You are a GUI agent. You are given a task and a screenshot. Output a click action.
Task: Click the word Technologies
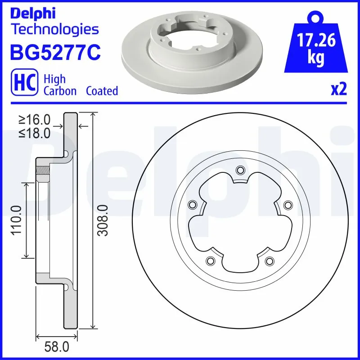click(54, 30)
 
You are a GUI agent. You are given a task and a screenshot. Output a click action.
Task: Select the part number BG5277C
click(54, 52)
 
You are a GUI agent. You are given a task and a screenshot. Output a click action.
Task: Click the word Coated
click(102, 91)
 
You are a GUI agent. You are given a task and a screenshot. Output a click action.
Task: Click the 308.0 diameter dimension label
click(103, 220)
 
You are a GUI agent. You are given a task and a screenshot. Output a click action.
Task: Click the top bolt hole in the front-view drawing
click(240, 170)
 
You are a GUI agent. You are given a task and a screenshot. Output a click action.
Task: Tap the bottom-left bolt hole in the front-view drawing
click(210, 261)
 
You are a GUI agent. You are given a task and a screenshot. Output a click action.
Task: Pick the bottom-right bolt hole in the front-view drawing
click(270, 261)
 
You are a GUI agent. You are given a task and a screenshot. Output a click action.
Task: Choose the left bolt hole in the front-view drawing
click(192, 205)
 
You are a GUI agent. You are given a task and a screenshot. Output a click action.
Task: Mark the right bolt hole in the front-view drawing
click(288, 205)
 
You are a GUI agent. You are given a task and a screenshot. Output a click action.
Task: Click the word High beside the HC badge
click(54, 79)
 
